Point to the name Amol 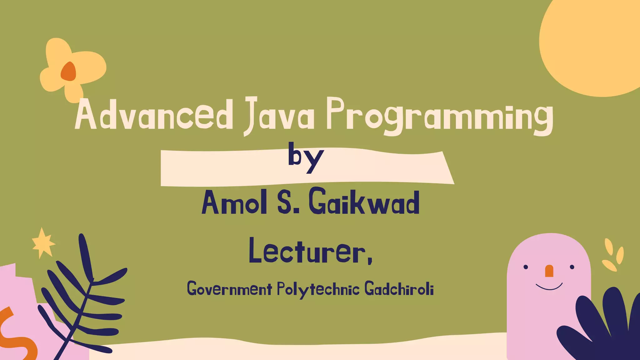(x=234, y=203)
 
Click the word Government (x=229, y=289)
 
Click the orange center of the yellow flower (x=68, y=72)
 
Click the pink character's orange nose (x=549, y=271)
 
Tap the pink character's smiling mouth (x=549, y=287)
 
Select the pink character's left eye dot (x=526, y=267)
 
